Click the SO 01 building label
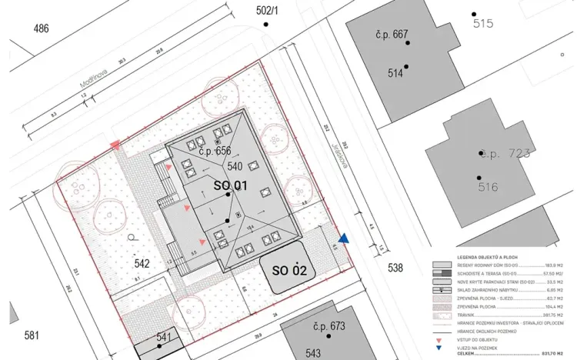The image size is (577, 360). pyautogui.click(x=230, y=185)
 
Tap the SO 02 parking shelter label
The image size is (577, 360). pyautogui.click(x=289, y=271)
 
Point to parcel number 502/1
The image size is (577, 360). pyautogui.click(x=266, y=10)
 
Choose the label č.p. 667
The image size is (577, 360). pyautogui.click(x=392, y=35)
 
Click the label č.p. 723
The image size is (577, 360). pyautogui.click(x=505, y=154)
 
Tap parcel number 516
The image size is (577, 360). pyautogui.click(x=488, y=187)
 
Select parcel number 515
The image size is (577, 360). pyautogui.click(x=483, y=24)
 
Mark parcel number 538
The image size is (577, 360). pyautogui.click(x=395, y=268)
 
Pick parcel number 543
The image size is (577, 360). pyautogui.click(x=312, y=353)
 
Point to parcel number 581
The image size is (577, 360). pyautogui.click(x=32, y=335)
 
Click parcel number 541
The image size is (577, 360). pyautogui.click(x=164, y=336)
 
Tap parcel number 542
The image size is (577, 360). pyautogui.click(x=142, y=263)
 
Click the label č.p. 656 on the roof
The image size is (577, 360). pyautogui.click(x=215, y=152)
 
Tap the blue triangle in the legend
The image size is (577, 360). pyautogui.click(x=438, y=347)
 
